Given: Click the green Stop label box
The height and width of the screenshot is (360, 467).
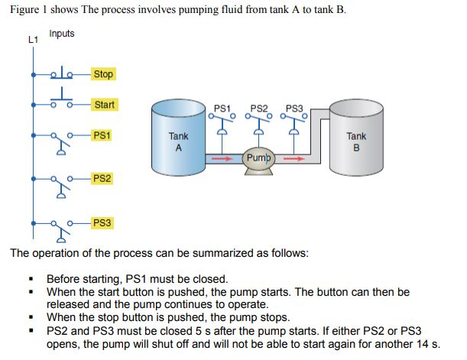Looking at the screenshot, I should (x=102, y=74).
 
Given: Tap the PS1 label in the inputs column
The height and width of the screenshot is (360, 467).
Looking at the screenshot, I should (x=101, y=135).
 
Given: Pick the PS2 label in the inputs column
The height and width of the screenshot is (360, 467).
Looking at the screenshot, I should (x=101, y=178).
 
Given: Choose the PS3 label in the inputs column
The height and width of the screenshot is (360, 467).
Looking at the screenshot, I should (x=101, y=222).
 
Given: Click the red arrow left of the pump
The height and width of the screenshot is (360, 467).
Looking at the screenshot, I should (x=222, y=159).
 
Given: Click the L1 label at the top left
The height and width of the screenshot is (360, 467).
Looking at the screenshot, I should (x=32, y=39).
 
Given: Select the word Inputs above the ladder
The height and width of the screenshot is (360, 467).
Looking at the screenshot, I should (x=62, y=34).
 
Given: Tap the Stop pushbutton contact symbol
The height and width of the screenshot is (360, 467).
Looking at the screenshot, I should (x=61, y=73).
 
